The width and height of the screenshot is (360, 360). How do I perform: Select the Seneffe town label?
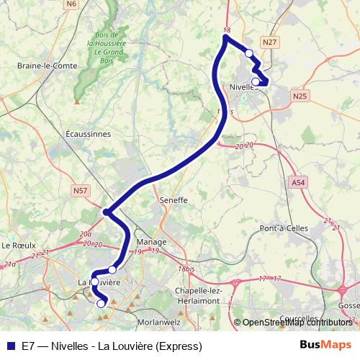pyautogui.click(x=174, y=200)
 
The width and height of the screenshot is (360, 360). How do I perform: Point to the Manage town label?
pyautogui.click(x=150, y=242)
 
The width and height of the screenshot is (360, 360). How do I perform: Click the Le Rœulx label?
pyautogui.click(x=19, y=245)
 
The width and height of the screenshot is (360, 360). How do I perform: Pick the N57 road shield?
pyautogui.click(x=81, y=191)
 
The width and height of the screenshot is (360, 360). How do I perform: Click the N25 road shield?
pyautogui.click(x=300, y=95)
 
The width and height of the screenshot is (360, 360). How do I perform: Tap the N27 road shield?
pyautogui.click(x=270, y=43)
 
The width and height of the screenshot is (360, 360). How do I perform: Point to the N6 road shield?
pyautogui.click(x=71, y=4)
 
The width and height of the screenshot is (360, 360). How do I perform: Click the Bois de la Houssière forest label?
pyautogui.click(x=109, y=48)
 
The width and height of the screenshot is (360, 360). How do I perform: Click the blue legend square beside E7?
pyautogui.click(x=11, y=346)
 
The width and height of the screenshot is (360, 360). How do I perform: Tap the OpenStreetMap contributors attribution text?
pyautogui.click(x=297, y=323)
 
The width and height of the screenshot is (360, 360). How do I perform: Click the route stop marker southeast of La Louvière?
pyautogui.click(x=101, y=304)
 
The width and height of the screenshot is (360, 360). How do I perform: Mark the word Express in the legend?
pyautogui.click(x=179, y=346)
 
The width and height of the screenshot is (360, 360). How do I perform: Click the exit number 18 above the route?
pyautogui.click(x=228, y=30)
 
